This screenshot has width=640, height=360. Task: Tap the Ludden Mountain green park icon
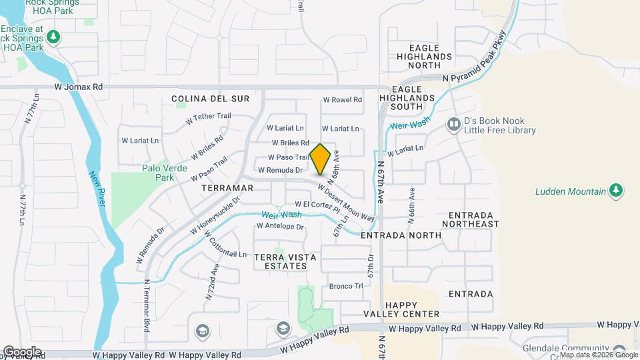[617, 191]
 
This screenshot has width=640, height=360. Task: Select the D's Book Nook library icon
[455, 125]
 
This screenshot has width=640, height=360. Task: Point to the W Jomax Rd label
[79, 87]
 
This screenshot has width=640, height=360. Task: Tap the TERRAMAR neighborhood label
[227, 188]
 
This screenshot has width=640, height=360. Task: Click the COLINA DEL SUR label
[210, 99]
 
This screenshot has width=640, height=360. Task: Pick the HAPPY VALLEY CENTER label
[402, 309]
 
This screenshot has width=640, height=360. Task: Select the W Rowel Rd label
[342, 100]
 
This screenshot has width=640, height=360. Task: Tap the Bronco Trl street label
[346, 286]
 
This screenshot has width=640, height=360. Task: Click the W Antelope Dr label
[280, 227]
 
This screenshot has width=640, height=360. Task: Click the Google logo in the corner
[22, 351]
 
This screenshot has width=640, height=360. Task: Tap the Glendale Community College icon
[620, 349]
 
